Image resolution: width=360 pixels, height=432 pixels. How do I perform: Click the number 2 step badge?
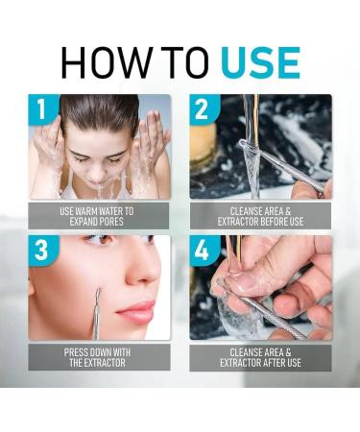[x=204, y=109]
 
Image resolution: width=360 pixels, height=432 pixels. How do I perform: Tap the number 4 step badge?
[x=204, y=251]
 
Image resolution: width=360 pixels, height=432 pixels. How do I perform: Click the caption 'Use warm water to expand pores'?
[x=100, y=215]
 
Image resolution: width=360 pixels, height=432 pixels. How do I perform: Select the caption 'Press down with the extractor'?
[x=100, y=358]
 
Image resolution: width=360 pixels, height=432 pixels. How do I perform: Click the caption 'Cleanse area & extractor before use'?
[x=260, y=215]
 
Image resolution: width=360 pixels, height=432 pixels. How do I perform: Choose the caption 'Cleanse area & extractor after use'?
[x=260, y=358]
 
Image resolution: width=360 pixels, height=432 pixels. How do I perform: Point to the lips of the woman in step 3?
[x=137, y=312]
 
